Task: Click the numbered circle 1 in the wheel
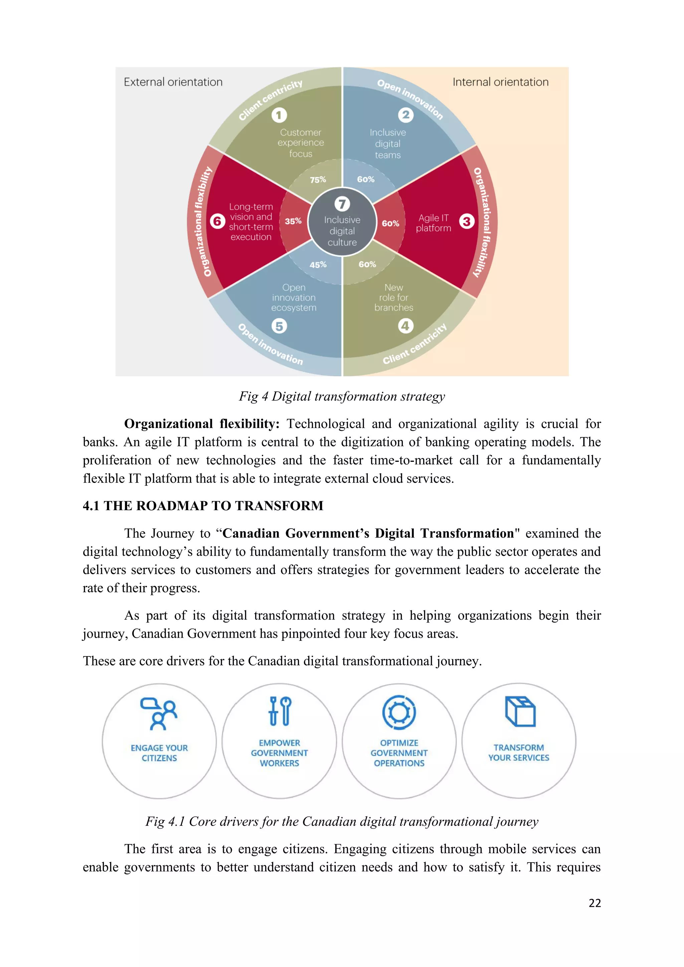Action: tap(279, 115)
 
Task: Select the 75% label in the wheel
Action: tap(318, 180)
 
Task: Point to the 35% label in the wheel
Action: tap(293, 221)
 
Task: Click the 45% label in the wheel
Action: tap(318, 265)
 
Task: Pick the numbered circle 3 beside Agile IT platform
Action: tap(467, 221)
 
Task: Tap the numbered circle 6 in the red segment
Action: tap(217, 221)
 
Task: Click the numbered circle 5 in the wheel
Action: tap(279, 326)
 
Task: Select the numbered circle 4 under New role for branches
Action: tap(405, 326)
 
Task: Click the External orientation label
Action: tap(173, 82)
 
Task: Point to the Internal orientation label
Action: tap(500, 82)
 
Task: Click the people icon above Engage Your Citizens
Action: tap(159, 714)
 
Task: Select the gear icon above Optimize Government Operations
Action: tap(399, 712)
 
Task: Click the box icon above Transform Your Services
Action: tap(520, 712)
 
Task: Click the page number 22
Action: tap(594, 903)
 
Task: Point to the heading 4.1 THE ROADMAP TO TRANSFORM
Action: tap(203, 506)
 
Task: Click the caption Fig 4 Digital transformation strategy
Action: tap(342, 396)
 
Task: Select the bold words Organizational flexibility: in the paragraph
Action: tap(202, 424)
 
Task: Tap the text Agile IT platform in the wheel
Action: tap(434, 223)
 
